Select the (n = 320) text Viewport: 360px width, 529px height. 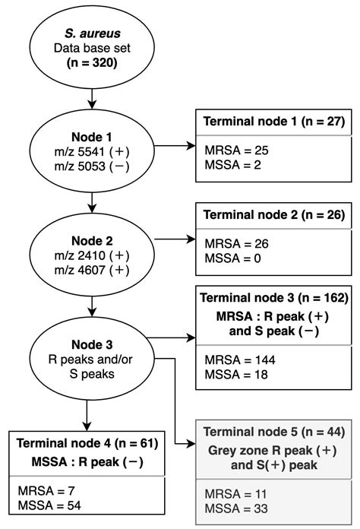92,62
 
